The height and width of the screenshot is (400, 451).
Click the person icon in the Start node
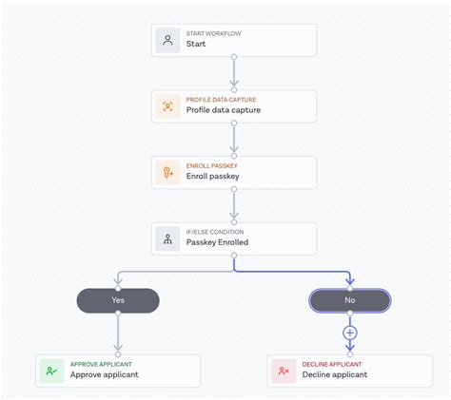point(168,40)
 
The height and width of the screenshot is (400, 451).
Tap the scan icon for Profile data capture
point(168,106)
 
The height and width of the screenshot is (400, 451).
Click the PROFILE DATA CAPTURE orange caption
point(221,100)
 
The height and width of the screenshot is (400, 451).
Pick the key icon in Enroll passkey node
point(168,173)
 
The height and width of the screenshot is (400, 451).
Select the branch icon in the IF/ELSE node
point(168,239)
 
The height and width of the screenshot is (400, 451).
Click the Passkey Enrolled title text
point(217,243)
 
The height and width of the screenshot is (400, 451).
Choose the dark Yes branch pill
point(118,301)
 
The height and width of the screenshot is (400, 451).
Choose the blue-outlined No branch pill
point(349,301)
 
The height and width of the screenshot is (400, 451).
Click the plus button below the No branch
point(349,333)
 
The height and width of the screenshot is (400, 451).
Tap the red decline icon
point(284,371)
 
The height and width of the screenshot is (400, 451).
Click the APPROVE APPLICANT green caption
point(101,364)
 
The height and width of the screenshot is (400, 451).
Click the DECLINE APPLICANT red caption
point(332,364)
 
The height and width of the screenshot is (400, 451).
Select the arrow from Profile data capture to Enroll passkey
point(234,140)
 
